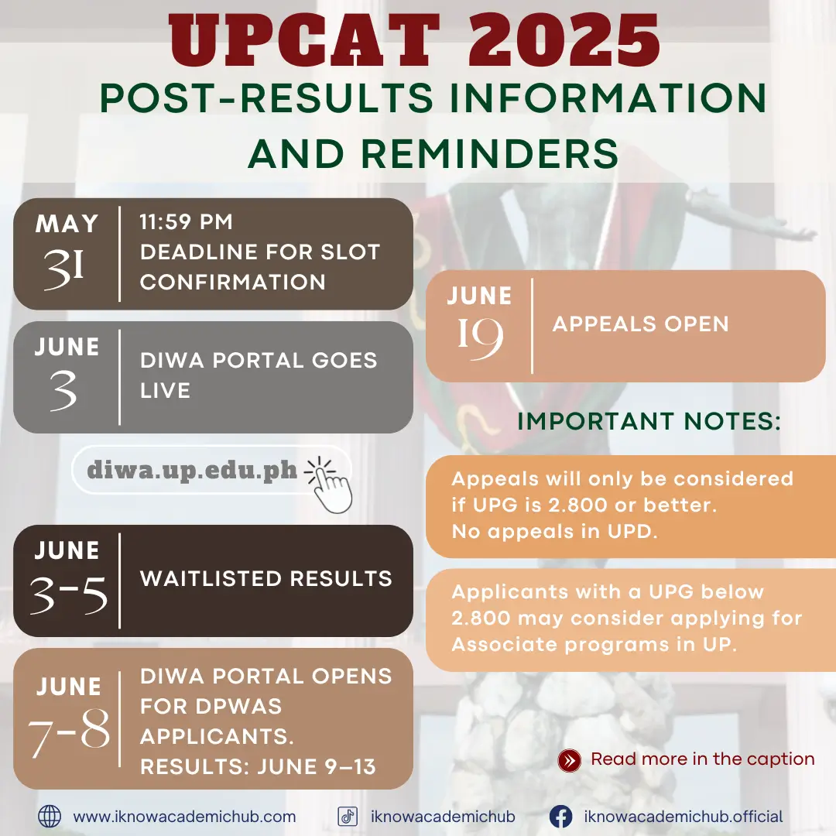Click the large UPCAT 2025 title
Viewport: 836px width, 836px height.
(x=414, y=41)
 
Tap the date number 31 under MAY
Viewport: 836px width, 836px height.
(x=64, y=269)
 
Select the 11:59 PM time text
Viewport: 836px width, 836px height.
(x=186, y=222)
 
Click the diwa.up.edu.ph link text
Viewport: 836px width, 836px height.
(x=192, y=471)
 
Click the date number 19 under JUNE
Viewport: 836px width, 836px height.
(x=481, y=338)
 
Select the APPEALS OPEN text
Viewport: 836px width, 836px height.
(x=640, y=324)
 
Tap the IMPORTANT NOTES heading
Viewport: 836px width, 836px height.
(x=649, y=421)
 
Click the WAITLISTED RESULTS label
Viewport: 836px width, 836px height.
(x=266, y=578)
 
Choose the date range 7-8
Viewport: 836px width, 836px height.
(x=69, y=732)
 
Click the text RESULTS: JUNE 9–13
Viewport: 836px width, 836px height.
(x=258, y=767)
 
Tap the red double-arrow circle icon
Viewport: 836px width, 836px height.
(x=570, y=760)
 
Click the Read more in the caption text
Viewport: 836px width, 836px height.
(x=703, y=759)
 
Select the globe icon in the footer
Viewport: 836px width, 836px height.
(x=50, y=817)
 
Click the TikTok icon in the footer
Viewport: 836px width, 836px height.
(x=348, y=817)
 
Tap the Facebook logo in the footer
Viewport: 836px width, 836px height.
(x=561, y=817)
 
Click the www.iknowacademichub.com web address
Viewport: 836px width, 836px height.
(x=184, y=817)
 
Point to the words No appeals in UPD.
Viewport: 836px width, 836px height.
(x=554, y=532)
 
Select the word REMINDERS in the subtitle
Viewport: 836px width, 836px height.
(x=489, y=153)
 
